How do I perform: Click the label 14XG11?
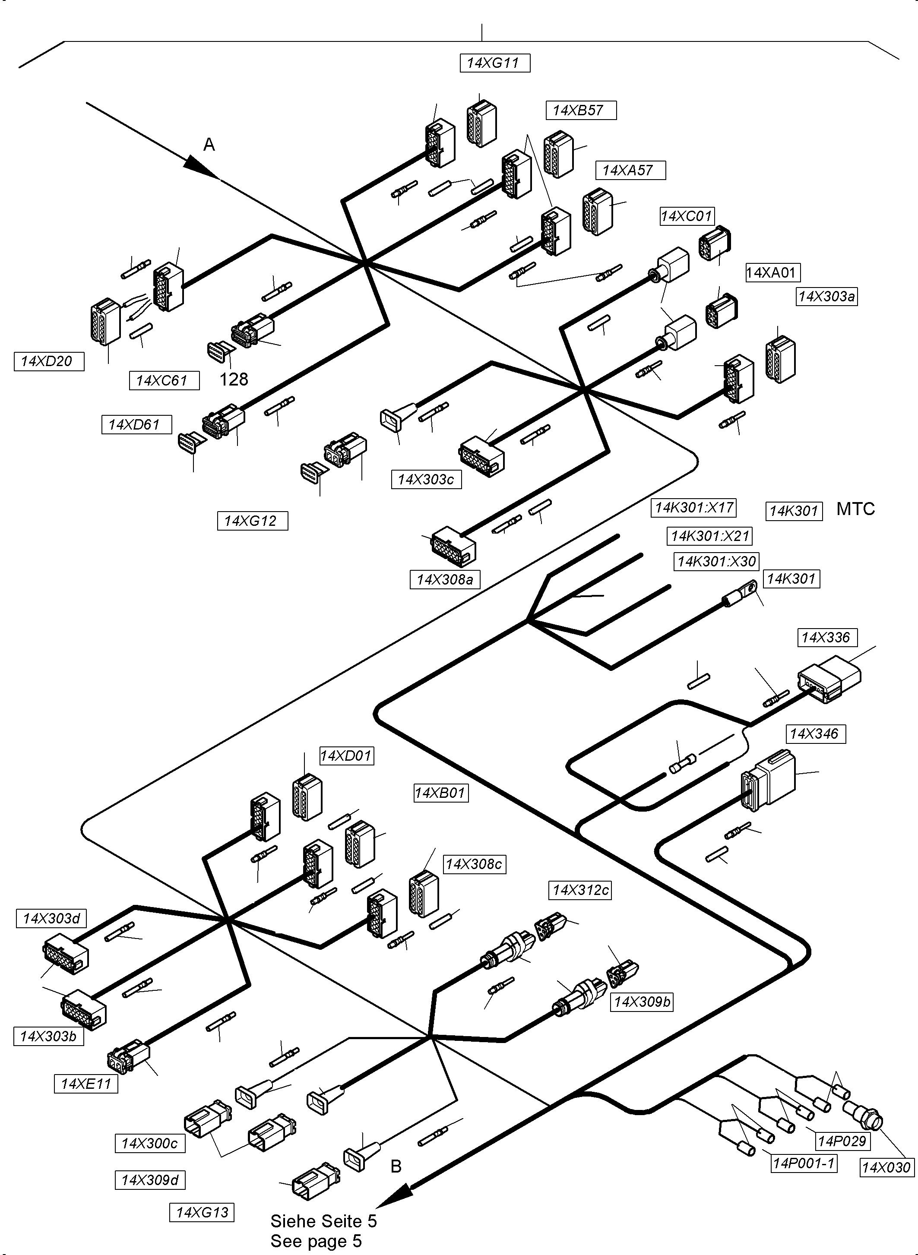pyautogui.click(x=494, y=63)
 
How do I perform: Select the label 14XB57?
pyautogui.click(x=581, y=110)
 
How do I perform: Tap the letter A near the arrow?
pyautogui.click(x=209, y=145)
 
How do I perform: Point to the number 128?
pyautogui.click(x=234, y=379)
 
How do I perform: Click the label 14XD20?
pyautogui.click(x=48, y=361)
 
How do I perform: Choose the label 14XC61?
pyautogui.click(x=164, y=380)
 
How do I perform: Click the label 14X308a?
pyautogui.click(x=445, y=580)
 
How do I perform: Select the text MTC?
pyautogui.click(x=855, y=509)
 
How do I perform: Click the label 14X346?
pyautogui.click(x=814, y=734)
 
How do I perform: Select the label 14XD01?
pyautogui.click(x=345, y=756)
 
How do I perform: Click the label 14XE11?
pyautogui.click(x=86, y=1083)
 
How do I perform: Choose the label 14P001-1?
pyautogui.click(x=804, y=1163)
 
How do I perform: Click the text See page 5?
pyautogui.click(x=316, y=1241)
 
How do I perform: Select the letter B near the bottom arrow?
pyautogui.click(x=396, y=1166)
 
